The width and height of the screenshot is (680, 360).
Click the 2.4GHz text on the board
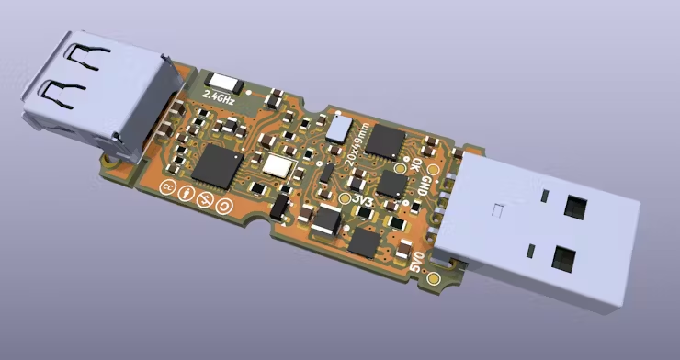(221, 96)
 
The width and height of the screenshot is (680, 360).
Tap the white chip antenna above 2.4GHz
(223, 81)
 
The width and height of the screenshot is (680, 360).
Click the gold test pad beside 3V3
(345, 197)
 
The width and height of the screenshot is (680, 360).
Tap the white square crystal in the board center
(276, 165)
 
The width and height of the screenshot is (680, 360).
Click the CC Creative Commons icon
(168, 188)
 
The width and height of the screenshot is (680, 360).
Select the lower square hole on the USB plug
(561, 256)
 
